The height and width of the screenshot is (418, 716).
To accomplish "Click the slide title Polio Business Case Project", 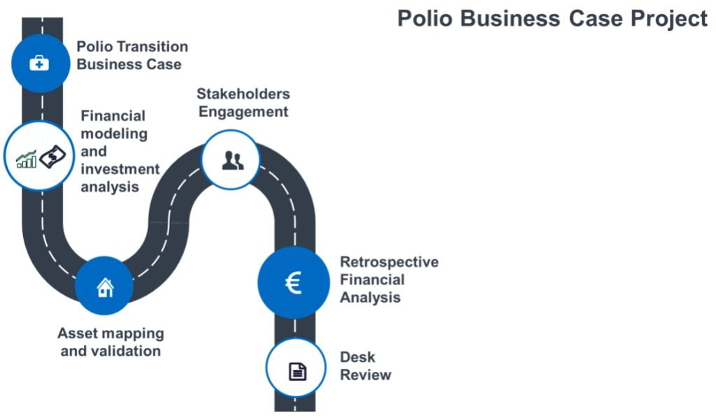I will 552,19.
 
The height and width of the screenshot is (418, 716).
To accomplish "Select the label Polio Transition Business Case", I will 131,55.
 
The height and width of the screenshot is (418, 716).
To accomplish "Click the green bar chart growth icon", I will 27,159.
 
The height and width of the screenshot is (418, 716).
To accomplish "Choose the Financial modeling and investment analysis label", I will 120,151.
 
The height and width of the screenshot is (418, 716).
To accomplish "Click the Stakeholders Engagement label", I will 243,103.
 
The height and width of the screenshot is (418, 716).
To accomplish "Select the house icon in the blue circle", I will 105,287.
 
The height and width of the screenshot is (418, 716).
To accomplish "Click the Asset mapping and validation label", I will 110,342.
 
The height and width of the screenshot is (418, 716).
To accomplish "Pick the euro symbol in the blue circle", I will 294,283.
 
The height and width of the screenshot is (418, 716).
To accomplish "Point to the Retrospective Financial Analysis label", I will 389,280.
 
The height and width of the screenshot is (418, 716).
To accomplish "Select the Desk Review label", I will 365,366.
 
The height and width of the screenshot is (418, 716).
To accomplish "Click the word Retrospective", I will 389,262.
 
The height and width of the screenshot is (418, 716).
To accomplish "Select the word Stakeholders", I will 243,94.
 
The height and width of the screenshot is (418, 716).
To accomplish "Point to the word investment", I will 120,169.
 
